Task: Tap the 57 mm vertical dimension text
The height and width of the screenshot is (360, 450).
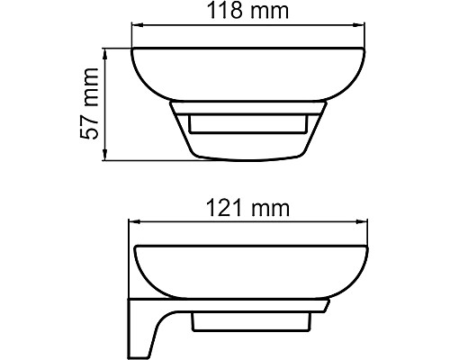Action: pyautogui.click(x=88, y=105)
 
